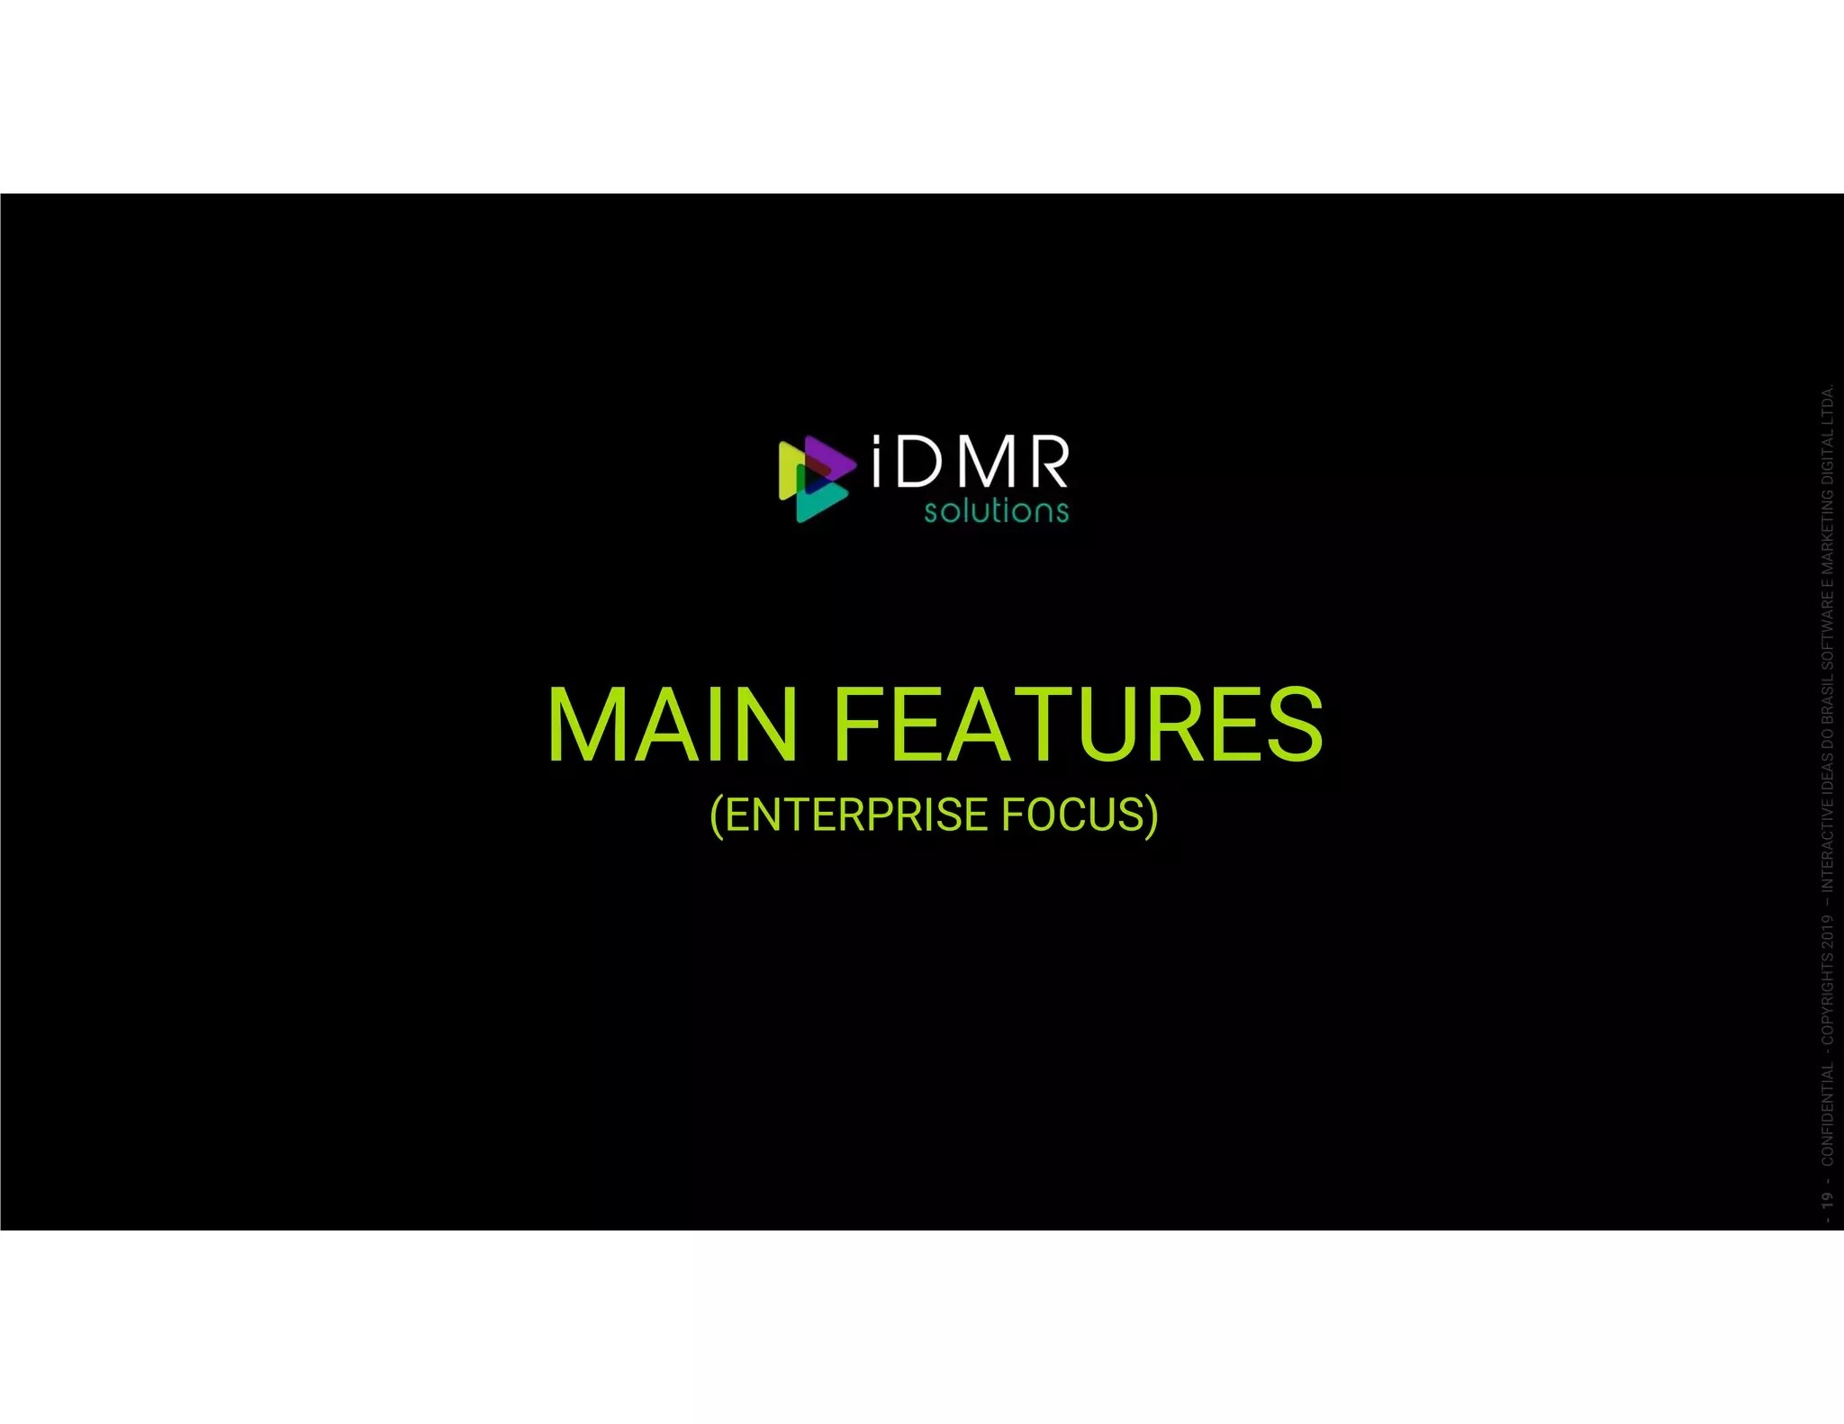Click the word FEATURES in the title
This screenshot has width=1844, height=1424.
[x=1078, y=726]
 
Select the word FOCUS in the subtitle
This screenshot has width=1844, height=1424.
[x=1072, y=816]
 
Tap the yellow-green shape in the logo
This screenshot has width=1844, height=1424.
[x=788, y=470]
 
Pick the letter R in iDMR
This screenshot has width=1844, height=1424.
[x=1047, y=463]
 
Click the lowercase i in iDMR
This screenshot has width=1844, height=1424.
[x=881, y=463]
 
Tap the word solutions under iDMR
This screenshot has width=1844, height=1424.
[x=996, y=511]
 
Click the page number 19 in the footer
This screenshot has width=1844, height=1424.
[x=1826, y=1200]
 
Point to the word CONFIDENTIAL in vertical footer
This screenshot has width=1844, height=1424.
[x=1826, y=1114]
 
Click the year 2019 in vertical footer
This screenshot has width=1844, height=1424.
[x=1826, y=931]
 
